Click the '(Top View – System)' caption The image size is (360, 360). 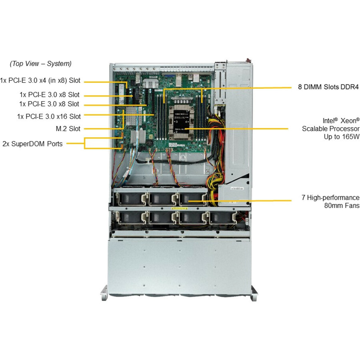(x=40, y=64)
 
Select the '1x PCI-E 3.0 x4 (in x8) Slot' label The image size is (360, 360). (x=40, y=80)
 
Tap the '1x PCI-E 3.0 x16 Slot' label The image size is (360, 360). (x=49, y=116)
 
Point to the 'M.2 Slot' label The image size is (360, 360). (x=68, y=129)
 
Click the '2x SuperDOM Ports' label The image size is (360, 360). (x=32, y=144)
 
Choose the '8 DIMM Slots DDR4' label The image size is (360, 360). (x=329, y=87)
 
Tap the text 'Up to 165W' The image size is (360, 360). (x=342, y=136)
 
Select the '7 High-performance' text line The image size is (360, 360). (x=330, y=198)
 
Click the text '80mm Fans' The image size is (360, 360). (x=342, y=206)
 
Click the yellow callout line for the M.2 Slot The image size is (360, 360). (x=102, y=129)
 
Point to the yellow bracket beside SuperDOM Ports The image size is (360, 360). (x=85, y=143)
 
